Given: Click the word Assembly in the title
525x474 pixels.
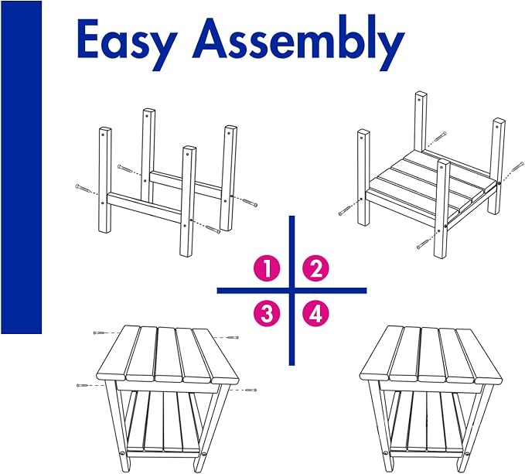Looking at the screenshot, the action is pyautogui.click(x=298, y=43).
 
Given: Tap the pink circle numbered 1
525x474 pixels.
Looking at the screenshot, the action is pyautogui.click(x=268, y=268).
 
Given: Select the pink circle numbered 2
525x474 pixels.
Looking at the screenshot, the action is pyautogui.click(x=316, y=268).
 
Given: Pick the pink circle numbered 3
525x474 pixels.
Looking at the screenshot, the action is pyautogui.click(x=268, y=314).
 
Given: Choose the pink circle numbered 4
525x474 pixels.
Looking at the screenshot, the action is pyautogui.click(x=316, y=314).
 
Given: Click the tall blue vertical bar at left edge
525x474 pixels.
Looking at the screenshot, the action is pyautogui.click(x=21, y=167).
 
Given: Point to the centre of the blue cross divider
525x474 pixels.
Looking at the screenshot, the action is pyautogui.click(x=292, y=291).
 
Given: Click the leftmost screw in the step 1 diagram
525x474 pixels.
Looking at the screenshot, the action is pyautogui.click(x=83, y=189).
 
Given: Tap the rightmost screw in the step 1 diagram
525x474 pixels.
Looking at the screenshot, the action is pyautogui.click(x=250, y=203).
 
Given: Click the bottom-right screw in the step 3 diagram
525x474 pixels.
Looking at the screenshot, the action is pyautogui.click(x=251, y=390).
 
